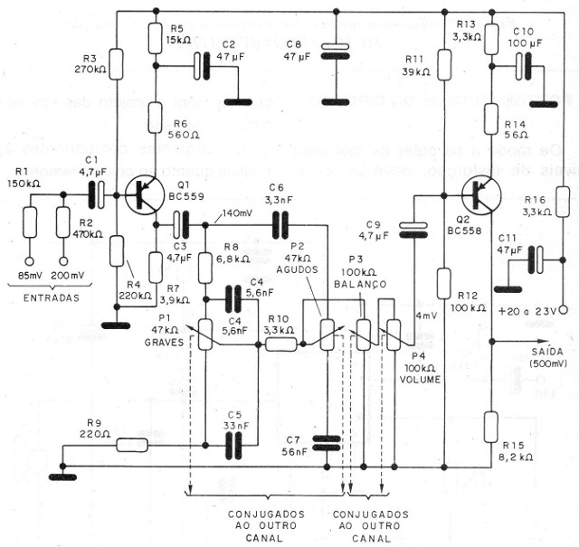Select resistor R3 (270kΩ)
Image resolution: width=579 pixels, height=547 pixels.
coord(117,61)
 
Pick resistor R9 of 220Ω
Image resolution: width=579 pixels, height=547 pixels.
coord(132,444)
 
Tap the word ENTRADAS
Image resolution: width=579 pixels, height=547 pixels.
coord(49,296)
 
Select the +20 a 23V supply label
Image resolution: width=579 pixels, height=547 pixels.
coord(535,310)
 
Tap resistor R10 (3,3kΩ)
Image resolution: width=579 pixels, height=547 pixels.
coord(280,344)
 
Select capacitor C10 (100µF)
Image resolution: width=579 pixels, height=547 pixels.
coord(523,65)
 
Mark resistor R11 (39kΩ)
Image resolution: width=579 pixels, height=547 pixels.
coord(444,61)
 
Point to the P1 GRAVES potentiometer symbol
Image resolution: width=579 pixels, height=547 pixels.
coord(206,334)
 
